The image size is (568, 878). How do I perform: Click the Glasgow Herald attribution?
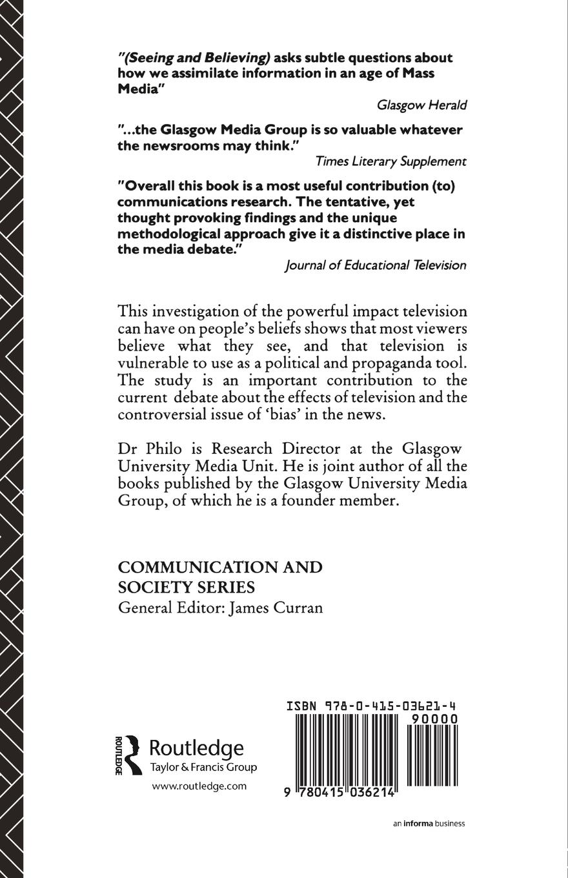(x=421, y=105)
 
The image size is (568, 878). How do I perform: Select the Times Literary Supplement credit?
(x=391, y=161)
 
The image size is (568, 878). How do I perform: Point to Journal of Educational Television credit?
(x=375, y=265)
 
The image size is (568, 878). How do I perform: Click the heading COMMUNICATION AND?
(x=220, y=567)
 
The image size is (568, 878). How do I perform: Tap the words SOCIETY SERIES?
(x=187, y=587)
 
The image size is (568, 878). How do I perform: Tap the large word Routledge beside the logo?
(x=197, y=748)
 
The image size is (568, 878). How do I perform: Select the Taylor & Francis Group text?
(x=203, y=768)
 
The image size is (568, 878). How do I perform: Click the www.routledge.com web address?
(x=199, y=786)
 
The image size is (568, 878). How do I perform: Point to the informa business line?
(x=429, y=823)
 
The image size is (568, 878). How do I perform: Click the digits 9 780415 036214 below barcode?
(x=338, y=793)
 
